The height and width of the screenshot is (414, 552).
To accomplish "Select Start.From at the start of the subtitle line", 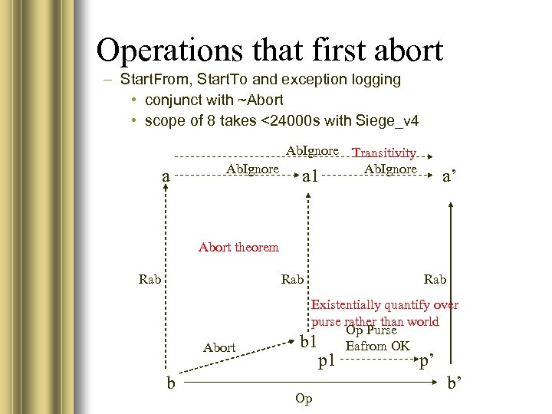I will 150,79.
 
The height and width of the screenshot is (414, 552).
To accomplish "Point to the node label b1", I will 308,341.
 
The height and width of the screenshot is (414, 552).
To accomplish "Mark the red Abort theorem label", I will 238,247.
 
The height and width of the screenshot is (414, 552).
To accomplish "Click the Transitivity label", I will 385,154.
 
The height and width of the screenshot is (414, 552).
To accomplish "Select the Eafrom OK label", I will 378,346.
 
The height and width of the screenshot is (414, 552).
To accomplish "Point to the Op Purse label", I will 371,330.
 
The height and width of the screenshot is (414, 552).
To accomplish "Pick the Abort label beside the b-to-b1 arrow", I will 219,347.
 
